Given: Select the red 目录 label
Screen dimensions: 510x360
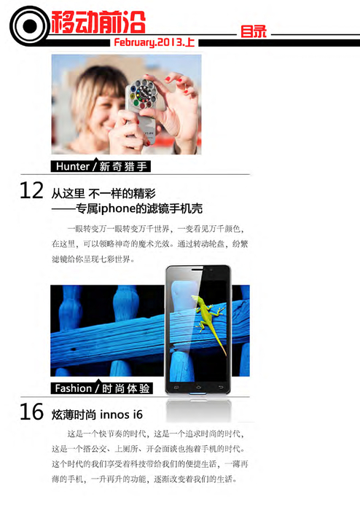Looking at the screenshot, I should point(253,33).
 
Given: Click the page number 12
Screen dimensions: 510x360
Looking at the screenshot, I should point(31,191).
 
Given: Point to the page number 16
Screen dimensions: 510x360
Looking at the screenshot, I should point(31,412).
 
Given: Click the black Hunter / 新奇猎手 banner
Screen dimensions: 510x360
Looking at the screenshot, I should point(101,166).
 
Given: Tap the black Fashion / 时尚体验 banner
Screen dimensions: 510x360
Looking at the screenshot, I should point(105,388).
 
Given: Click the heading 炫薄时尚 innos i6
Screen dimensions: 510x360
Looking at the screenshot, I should point(97,415).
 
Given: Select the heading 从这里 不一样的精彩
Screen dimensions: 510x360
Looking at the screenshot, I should point(103,193).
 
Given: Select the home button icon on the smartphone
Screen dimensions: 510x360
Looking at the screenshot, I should point(197,383).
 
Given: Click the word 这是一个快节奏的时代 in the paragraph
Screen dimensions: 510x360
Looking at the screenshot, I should point(106,433).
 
